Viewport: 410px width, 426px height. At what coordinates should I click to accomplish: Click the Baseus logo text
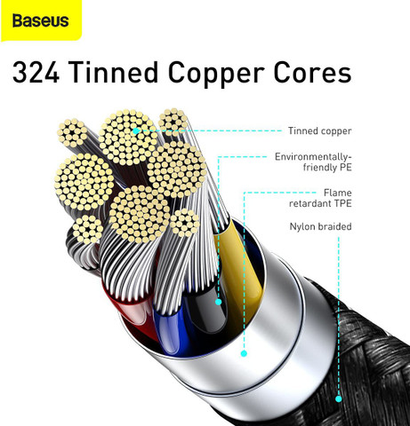(x=41, y=20)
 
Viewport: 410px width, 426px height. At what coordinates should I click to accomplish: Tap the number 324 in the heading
(x=36, y=73)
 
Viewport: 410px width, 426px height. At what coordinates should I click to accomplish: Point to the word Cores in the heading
(x=312, y=73)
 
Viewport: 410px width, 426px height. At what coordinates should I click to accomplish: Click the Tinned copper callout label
(x=319, y=130)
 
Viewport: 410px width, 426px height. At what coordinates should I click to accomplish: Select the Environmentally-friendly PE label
(x=313, y=162)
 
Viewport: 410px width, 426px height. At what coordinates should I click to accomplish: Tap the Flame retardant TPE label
(x=320, y=198)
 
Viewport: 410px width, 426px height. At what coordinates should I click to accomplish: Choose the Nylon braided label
(x=320, y=226)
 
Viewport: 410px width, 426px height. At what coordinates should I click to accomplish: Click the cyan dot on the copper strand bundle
(x=136, y=130)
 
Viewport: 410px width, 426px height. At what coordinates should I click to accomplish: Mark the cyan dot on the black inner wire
(x=219, y=302)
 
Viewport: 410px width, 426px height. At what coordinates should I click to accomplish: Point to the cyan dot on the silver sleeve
(x=244, y=353)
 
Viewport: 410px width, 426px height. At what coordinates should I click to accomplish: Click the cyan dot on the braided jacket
(x=339, y=398)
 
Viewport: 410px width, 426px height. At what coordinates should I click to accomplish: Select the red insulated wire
(x=131, y=308)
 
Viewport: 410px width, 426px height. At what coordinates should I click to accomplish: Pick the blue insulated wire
(x=172, y=328)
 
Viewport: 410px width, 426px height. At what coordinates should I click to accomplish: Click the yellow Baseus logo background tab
(x=41, y=20)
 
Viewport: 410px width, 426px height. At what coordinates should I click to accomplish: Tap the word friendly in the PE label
(x=317, y=168)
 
